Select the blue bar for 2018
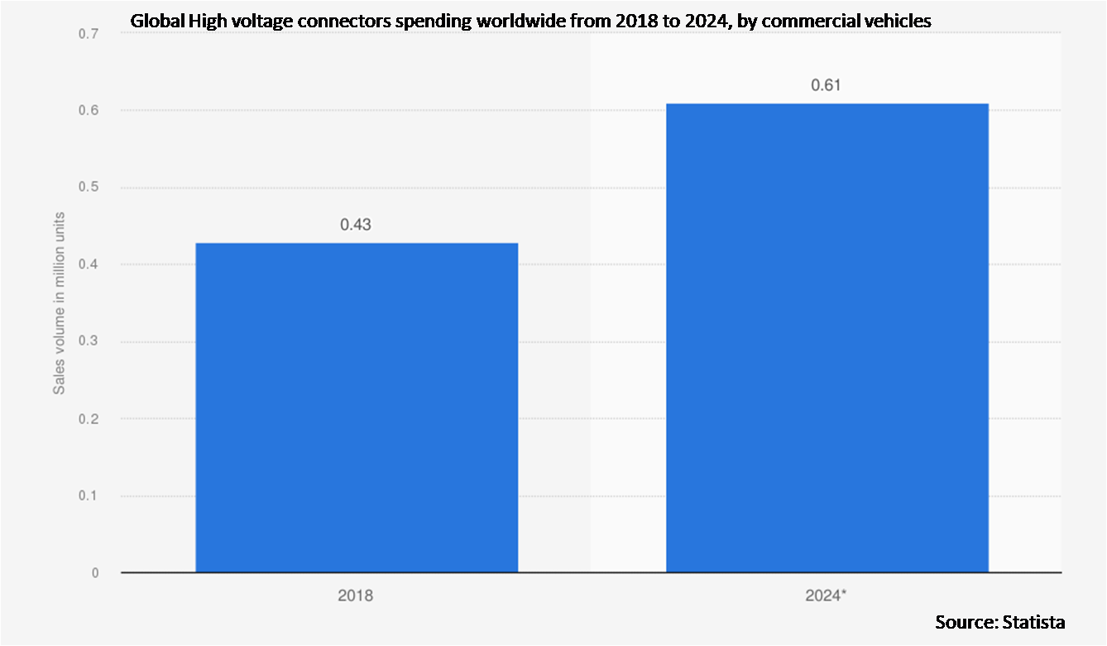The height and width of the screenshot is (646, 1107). tap(357, 407)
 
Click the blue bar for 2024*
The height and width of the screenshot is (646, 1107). tap(827, 338)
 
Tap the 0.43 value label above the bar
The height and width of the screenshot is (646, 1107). tap(356, 224)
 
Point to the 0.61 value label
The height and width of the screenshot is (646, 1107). tap(827, 85)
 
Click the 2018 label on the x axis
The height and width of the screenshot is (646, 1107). tap(356, 595)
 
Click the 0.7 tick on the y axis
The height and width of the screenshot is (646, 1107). tap(89, 34)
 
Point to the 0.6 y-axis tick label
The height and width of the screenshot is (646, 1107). tap(89, 111)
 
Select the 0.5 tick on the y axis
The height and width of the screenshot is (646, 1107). tap(89, 188)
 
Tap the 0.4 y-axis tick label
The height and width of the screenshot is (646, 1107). tap(89, 265)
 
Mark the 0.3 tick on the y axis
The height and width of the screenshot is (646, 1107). tap(89, 342)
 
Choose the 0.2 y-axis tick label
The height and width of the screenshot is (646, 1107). tap(89, 419)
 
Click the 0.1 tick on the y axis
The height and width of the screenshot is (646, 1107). tap(89, 496)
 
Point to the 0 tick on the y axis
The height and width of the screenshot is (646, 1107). tap(95, 573)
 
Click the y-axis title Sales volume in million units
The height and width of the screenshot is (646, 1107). tap(60, 303)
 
